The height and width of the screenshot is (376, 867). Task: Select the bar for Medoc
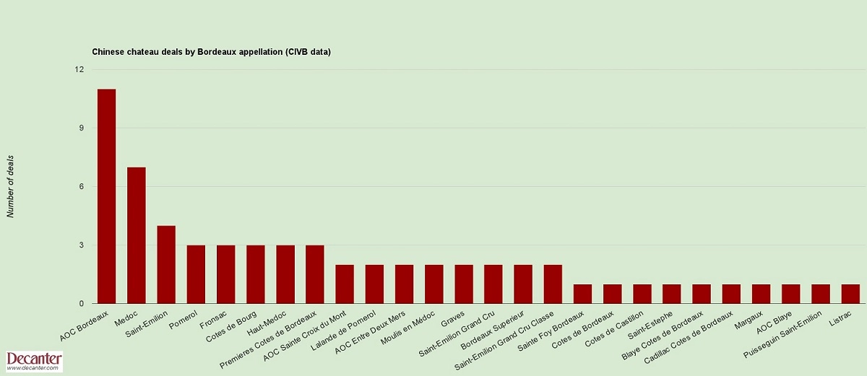pyautogui.click(x=137, y=235)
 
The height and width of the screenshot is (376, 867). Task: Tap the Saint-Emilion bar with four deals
pyautogui.click(x=166, y=264)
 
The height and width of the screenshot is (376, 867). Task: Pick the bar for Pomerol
pyautogui.click(x=196, y=274)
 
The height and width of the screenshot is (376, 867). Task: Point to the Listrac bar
pyautogui.click(x=850, y=294)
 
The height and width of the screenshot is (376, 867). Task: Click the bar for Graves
pyautogui.click(x=464, y=284)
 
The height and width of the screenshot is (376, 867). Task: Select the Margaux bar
pyautogui.click(x=761, y=294)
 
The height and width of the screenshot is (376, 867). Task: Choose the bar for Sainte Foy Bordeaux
pyautogui.click(x=582, y=294)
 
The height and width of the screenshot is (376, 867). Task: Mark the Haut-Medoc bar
pyautogui.click(x=285, y=274)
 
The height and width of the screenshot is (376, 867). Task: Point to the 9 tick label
pyautogui.click(x=81, y=128)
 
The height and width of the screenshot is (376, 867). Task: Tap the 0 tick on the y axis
pyautogui.click(x=81, y=304)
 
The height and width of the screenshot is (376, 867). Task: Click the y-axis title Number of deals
pyautogui.click(x=11, y=186)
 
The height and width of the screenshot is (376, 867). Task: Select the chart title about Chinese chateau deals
pyautogui.click(x=211, y=52)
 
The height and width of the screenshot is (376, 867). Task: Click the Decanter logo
pyautogui.click(x=34, y=362)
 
